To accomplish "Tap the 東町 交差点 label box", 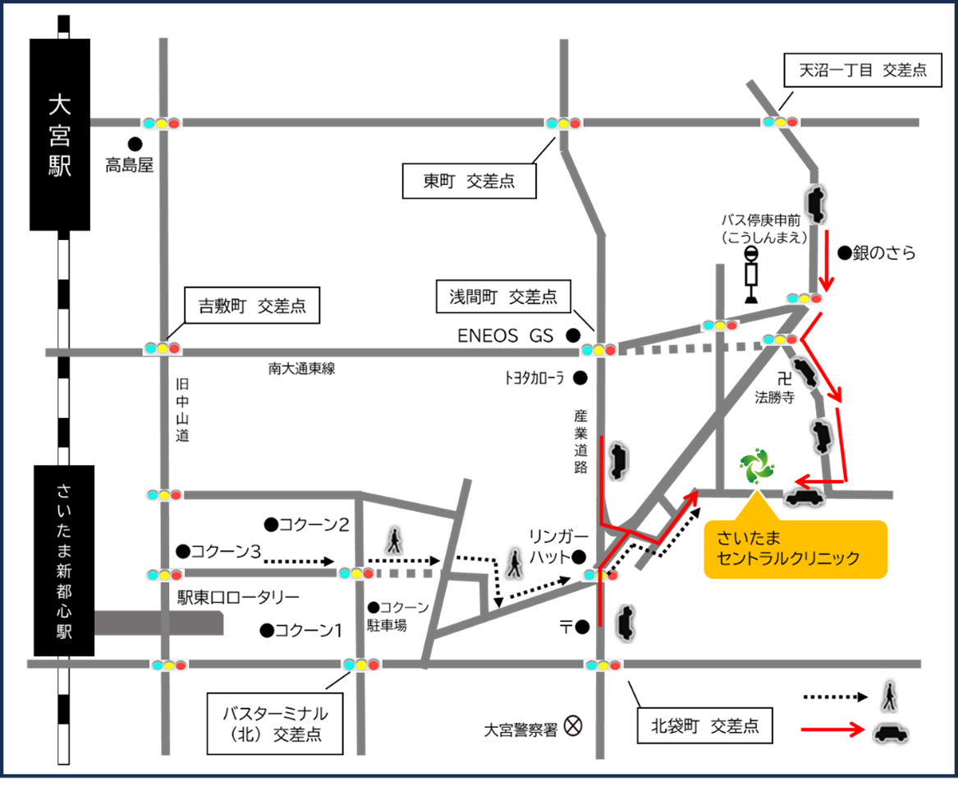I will click(x=469, y=182).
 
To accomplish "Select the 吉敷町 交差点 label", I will click(x=252, y=306).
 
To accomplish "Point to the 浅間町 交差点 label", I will click(x=502, y=297).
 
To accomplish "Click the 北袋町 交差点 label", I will click(x=704, y=726).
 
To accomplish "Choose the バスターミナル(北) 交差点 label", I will click(x=274, y=724).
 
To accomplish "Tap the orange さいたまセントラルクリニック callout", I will click(x=795, y=550).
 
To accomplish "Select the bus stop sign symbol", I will click(x=751, y=274).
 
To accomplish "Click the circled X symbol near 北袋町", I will click(x=573, y=725).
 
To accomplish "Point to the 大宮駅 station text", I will click(x=60, y=136).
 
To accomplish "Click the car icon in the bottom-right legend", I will click(x=891, y=733).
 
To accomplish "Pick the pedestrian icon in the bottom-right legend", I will click(x=888, y=693).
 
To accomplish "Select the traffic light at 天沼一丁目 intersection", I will click(x=780, y=122).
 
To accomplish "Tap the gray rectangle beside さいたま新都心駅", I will click(x=159, y=623).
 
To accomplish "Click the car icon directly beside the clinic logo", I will click(x=804, y=497).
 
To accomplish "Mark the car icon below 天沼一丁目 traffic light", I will click(x=815, y=204).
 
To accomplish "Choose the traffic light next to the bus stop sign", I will click(x=804, y=298).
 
